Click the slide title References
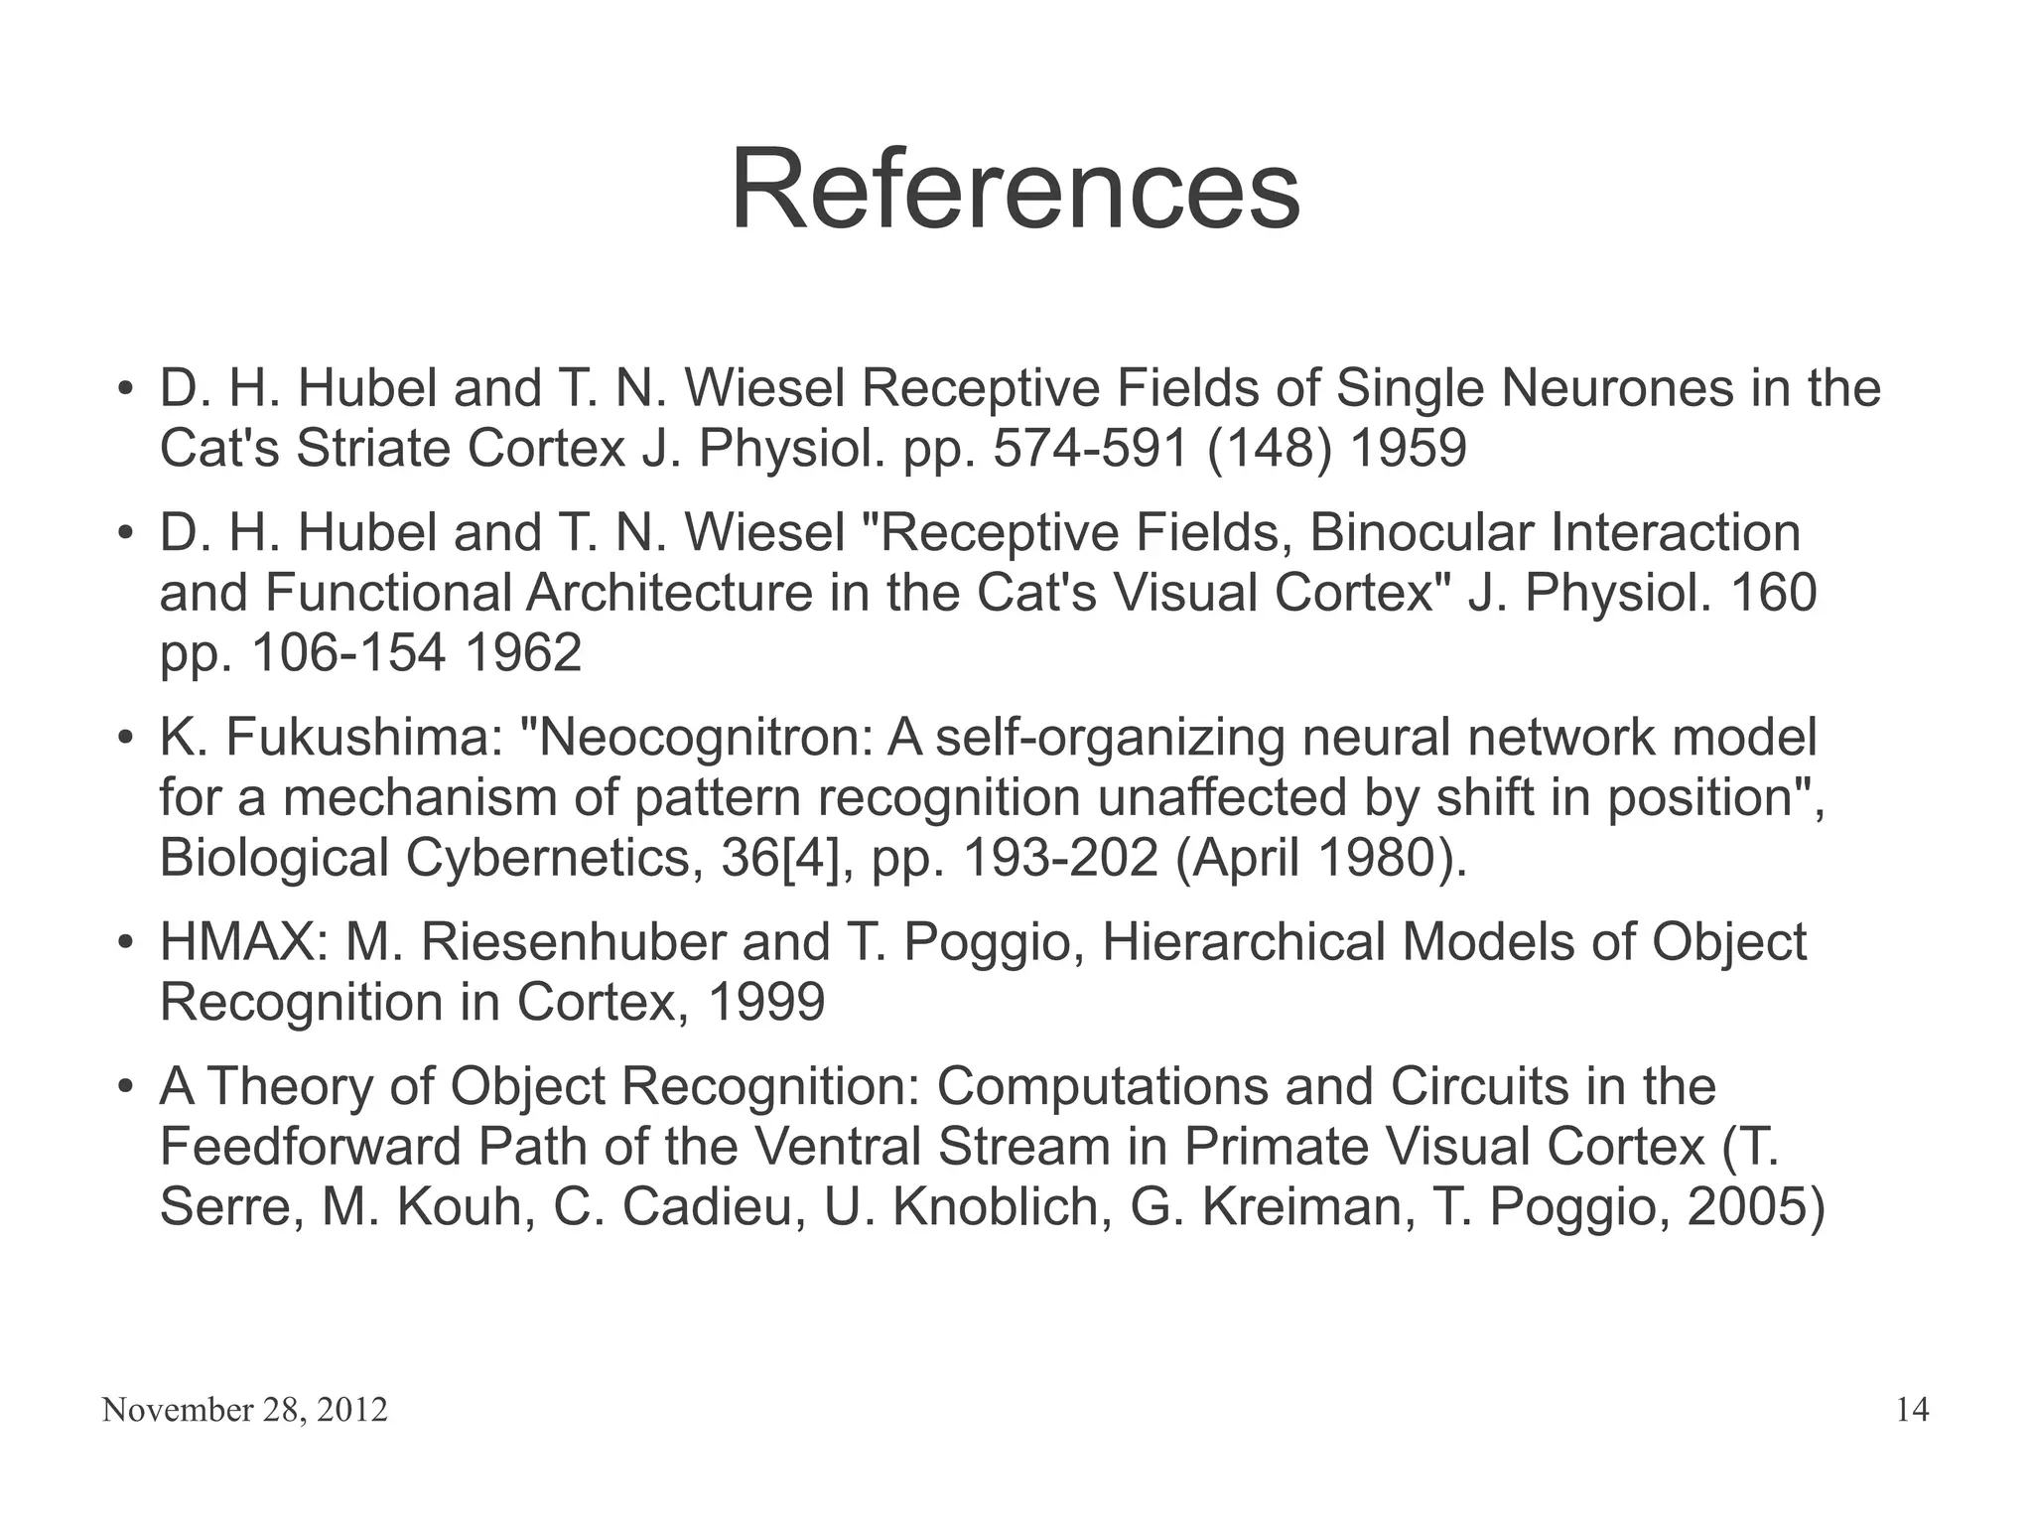tap(1015, 189)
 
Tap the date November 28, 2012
tap(244, 1410)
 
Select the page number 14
tap(1912, 1410)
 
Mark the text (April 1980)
tap(1320, 858)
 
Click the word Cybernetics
tap(548, 858)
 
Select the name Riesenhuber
tap(573, 942)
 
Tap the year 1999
tap(765, 1003)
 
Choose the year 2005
tap(1747, 1207)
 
